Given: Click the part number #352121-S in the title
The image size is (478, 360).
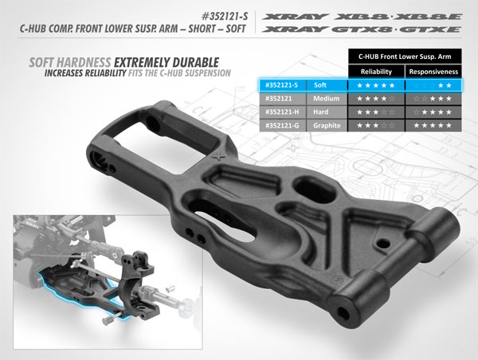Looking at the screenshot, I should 217,14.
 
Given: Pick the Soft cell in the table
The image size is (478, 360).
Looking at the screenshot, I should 323,84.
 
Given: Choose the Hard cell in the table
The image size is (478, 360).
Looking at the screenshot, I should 323,112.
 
